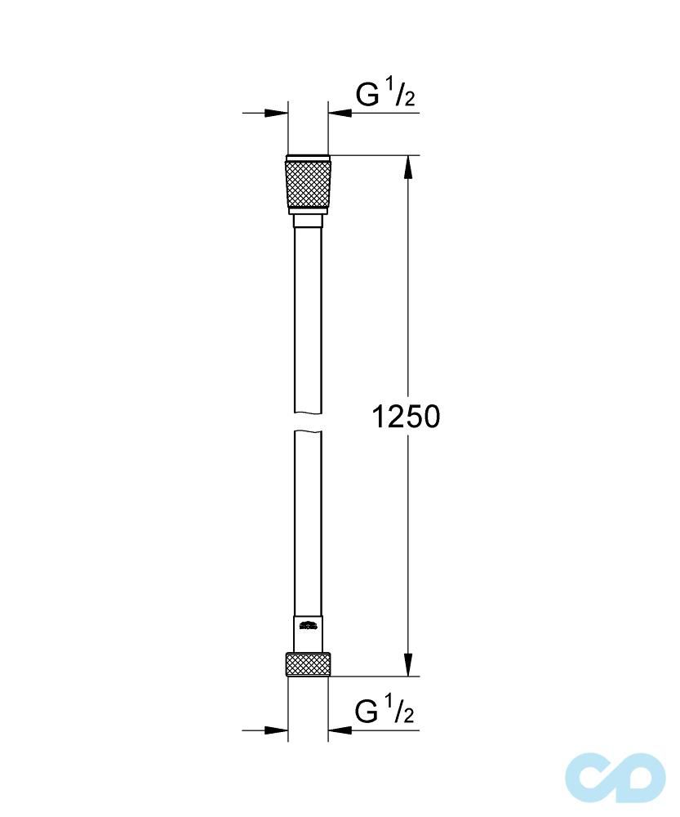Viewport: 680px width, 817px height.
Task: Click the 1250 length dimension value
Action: (406, 417)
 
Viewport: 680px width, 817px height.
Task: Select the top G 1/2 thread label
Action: (385, 96)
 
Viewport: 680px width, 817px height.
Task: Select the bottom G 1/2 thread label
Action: (385, 712)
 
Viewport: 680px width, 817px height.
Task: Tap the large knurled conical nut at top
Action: (308, 185)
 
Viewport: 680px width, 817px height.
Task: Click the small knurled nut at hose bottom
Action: (308, 663)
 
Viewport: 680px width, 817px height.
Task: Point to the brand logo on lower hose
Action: (308, 627)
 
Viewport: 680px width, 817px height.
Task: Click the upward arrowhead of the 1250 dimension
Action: (409, 167)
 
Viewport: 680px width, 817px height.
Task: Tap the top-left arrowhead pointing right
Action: (277, 113)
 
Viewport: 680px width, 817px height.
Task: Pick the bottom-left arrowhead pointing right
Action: (277, 730)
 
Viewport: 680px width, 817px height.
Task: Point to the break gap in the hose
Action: (308, 422)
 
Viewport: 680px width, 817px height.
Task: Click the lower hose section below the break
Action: (308, 523)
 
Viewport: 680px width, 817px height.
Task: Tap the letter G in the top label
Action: (367, 96)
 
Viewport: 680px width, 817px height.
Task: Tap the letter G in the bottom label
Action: (367, 713)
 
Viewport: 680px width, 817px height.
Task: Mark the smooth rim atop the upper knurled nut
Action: (308, 158)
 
